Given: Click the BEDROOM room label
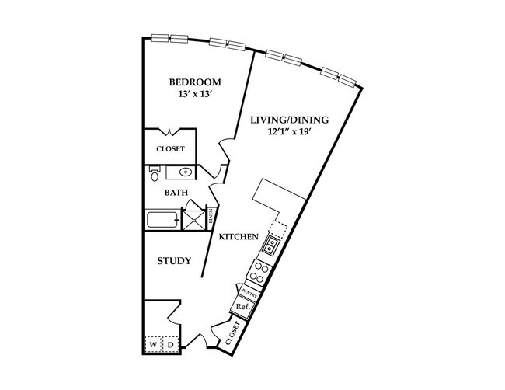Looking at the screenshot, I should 195,82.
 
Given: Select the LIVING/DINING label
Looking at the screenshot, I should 290,120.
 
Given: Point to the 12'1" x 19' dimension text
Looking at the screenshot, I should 290,133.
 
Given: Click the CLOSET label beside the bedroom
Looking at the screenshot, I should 170,148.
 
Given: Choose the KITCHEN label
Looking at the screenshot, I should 238,237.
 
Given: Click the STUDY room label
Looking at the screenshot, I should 174,261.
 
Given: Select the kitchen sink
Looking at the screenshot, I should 270,247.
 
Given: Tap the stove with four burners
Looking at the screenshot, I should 259,273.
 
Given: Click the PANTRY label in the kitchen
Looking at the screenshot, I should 249,293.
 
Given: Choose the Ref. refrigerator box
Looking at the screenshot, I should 242,307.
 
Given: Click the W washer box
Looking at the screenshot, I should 153,343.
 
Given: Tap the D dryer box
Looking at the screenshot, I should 170,343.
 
